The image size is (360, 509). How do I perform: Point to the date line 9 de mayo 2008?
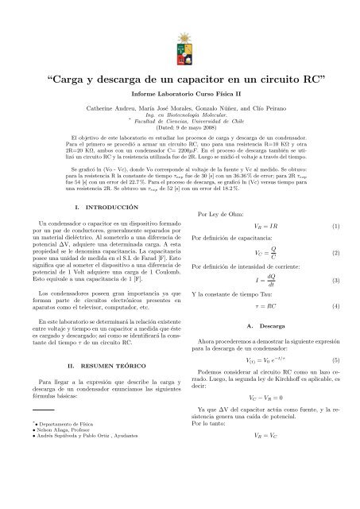180,126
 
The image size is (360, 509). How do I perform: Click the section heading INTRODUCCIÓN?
104,207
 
